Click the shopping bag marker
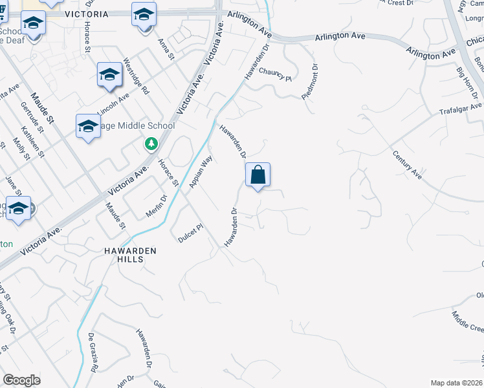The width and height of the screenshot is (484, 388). [258, 175]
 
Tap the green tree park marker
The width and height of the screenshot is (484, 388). [151, 144]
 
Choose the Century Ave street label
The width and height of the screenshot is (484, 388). [407, 165]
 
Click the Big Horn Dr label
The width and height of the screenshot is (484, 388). [465, 80]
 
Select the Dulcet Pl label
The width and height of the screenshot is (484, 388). [191, 233]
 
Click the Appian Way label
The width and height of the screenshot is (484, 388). [201, 171]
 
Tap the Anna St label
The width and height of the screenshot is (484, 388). [166, 50]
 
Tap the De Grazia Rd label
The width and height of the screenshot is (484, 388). [93, 353]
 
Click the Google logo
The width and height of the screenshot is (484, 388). [21, 380]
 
